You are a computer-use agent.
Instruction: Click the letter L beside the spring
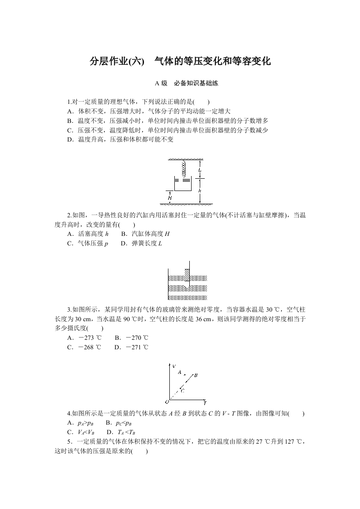tap(200, 170)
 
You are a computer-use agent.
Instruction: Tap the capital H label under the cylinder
tap(169, 197)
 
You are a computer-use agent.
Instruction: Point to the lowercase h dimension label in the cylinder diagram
tap(200, 191)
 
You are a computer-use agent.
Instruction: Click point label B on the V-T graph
tap(196, 375)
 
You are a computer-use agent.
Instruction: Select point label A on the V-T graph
tap(179, 372)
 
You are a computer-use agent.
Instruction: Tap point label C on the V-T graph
tap(182, 390)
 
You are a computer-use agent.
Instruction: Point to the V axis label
tap(174, 365)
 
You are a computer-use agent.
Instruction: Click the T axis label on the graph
tap(205, 403)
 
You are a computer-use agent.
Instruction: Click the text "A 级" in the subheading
tap(161, 83)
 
